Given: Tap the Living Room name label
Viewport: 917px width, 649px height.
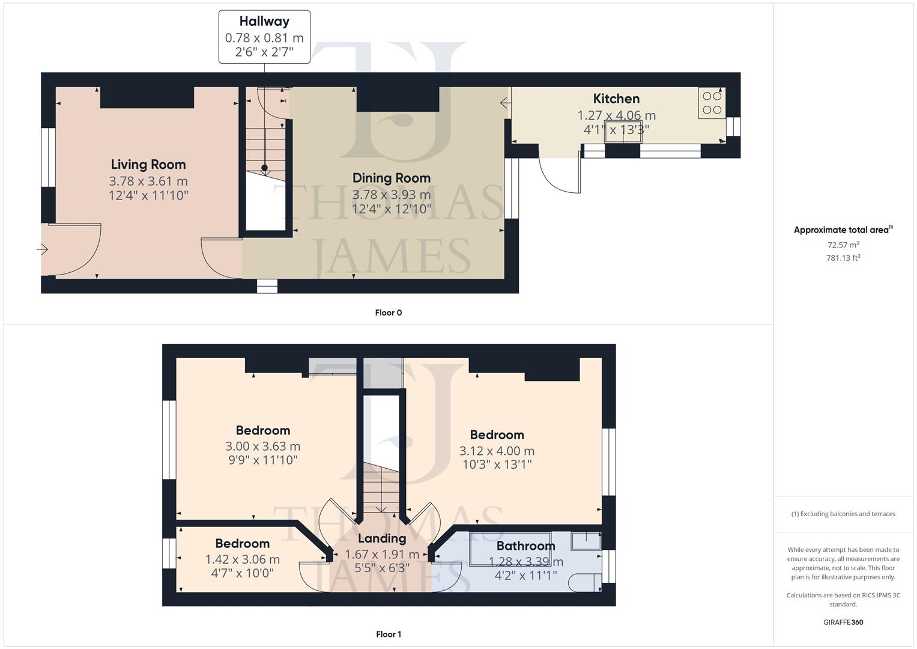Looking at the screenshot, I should (x=148, y=165).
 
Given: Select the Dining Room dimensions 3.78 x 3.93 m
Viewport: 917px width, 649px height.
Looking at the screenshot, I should (x=391, y=195).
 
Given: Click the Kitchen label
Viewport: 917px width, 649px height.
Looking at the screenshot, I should (x=616, y=99).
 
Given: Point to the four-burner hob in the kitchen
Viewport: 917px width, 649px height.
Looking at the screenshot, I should (x=712, y=103).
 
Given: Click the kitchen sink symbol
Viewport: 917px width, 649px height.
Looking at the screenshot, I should (x=623, y=133).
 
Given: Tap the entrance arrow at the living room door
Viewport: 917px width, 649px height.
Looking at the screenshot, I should (x=43, y=249).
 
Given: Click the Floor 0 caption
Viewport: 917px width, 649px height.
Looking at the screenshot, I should (x=388, y=312).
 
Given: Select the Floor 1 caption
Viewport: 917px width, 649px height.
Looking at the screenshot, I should (x=388, y=634).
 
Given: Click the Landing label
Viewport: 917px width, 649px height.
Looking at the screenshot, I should (x=382, y=538).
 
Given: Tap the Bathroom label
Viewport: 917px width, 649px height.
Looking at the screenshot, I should (x=525, y=546).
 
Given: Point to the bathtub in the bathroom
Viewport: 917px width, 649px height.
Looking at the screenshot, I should (x=510, y=549).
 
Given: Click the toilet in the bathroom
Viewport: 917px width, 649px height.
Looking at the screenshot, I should (x=584, y=582).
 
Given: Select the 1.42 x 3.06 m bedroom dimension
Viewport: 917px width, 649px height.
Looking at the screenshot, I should (x=242, y=559).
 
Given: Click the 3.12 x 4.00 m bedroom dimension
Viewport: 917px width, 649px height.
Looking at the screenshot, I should (x=497, y=451).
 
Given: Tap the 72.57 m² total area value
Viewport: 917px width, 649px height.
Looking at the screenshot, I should (x=843, y=245).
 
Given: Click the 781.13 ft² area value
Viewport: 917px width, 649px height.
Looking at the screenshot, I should (x=843, y=258).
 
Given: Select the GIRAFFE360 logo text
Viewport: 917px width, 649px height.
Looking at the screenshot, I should (x=843, y=622).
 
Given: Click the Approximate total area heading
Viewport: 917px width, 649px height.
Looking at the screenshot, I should (x=842, y=230).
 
